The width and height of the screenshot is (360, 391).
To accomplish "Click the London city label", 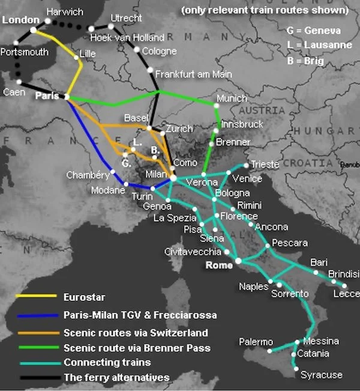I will (21, 20).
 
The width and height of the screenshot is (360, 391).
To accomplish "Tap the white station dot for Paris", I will (67, 97).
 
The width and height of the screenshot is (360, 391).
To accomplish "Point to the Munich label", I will (232, 98).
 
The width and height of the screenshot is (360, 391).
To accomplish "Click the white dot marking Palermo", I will (270, 350).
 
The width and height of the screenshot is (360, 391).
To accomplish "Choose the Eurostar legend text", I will (84, 297).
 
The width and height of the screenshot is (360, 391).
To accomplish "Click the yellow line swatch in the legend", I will (36, 297).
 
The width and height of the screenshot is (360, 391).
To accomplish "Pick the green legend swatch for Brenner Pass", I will (36, 348).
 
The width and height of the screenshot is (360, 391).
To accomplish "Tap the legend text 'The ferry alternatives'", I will (116, 378).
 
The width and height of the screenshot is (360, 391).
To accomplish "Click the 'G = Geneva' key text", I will (314, 31).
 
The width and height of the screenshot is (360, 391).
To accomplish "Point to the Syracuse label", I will (322, 375).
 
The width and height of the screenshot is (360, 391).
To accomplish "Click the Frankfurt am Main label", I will (193, 74).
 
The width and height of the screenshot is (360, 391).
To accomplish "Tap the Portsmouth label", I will (25, 52).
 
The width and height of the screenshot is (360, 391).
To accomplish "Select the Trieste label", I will (265, 164).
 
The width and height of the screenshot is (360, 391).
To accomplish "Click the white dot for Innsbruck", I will (217, 130).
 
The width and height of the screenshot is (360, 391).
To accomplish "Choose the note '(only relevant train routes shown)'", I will (265, 10).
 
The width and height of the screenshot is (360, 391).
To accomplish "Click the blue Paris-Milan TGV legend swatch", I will (36, 315).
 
